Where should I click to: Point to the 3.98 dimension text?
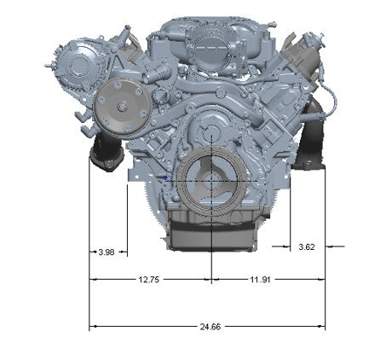[x=107, y=252]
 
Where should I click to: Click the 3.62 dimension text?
[x=307, y=247]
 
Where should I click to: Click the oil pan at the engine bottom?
[x=210, y=232]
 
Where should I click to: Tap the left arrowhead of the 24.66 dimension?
[x=92, y=327]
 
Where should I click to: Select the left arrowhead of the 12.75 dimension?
[x=92, y=279]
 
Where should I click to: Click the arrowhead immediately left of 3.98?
[x=93, y=252]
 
